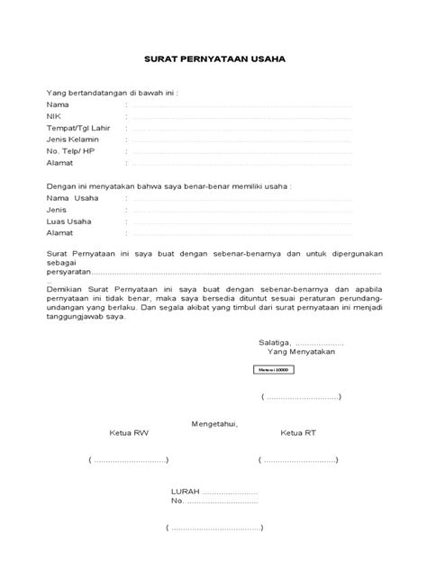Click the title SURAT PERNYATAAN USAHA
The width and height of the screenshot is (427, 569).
coord(214,61)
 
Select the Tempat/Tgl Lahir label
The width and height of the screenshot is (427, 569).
coord(76,128)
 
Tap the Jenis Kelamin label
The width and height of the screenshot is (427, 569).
coord(73,140)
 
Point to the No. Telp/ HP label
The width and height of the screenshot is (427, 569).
coord(69,151)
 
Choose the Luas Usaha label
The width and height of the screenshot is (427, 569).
coord(68,221)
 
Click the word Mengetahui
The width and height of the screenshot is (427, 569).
coord(214,423)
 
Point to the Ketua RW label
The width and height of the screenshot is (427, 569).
coord(128,433)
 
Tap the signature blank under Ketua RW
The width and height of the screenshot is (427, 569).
coord(129,461)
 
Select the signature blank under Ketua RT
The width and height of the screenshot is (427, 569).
coord(299,461)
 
